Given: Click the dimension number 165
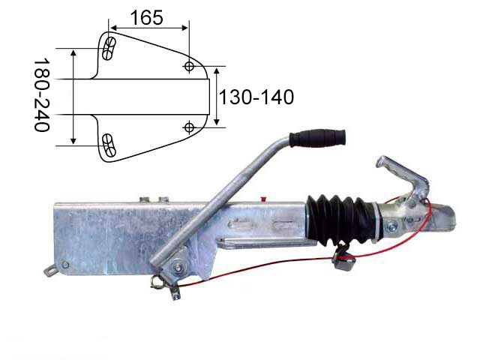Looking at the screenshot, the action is tap(146, 17).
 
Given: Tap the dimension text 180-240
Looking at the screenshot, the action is tap(42, 95).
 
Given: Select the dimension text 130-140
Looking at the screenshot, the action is tap(256, 97).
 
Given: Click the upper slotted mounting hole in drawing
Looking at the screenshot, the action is tap(108, 48).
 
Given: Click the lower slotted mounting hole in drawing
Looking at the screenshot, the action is tap(109, 145).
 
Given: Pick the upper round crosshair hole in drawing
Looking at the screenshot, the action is tap(189, 66).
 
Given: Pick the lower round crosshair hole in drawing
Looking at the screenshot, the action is tap(190, 127).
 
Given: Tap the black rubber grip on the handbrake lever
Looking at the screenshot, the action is tap(317, 138).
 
